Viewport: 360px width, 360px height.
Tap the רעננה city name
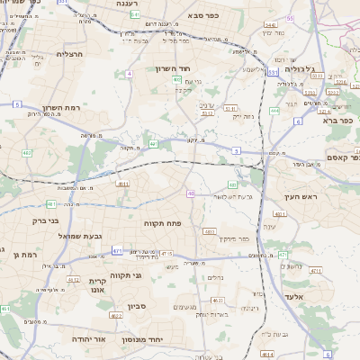(x=131, y=4)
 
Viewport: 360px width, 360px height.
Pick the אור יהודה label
(x=88, y=339)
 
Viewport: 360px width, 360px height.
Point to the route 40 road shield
(x=191, y=193)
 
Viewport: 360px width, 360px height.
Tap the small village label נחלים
(x=214, y=278)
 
